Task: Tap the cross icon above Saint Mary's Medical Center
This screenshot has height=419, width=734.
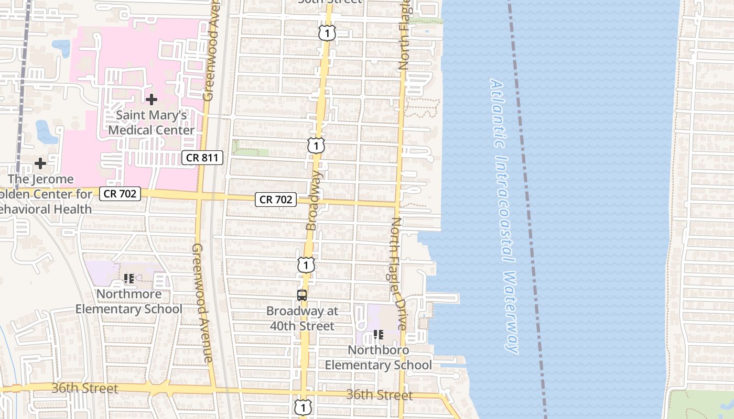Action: [152, 99]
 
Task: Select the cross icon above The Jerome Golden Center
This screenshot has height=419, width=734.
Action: [40, 163]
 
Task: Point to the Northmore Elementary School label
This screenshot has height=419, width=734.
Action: [129, 301]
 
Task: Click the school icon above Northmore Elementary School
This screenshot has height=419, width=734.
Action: [129, 279]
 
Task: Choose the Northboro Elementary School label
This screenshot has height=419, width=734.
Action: [379, 357]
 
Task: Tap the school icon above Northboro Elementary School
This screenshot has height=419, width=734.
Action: [378, 334]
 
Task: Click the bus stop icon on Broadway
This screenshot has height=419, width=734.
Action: [302, 295]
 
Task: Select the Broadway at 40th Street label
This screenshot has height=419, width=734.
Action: [302, 318]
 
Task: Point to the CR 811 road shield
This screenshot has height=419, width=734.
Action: [203, 157]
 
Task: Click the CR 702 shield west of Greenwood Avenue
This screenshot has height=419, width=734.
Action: [120, 194]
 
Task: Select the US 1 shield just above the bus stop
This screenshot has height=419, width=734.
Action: [306, 264]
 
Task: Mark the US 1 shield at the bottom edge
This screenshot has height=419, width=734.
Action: [303, 407]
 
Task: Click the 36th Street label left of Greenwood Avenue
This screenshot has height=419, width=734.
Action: [85, 389]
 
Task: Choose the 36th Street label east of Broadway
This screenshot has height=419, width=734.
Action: [380, 395]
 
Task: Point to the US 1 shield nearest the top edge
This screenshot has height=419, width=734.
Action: [327, 33]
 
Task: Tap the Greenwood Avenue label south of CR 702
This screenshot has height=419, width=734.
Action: [202, 303]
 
